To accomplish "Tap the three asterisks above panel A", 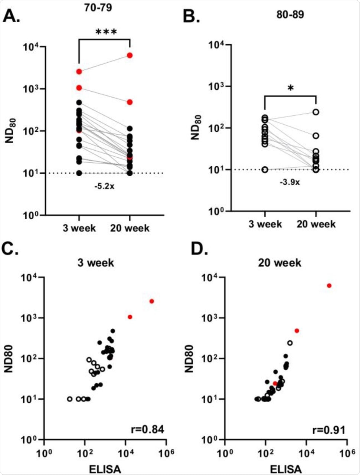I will (x=106, y=32).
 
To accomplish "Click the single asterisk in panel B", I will (x=290, y=89).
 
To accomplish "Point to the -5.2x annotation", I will (x=104, y=186).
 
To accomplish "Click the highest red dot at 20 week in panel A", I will (x=130, y=55).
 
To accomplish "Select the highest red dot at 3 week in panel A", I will (x=79, y=71).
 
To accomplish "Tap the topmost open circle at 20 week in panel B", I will (x=316, y=112).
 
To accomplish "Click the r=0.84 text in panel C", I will (x=149, y=429).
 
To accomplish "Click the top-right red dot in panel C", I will (x=151, y=301).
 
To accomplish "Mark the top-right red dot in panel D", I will (x=329, y=285).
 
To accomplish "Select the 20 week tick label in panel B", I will (x=316, y=224).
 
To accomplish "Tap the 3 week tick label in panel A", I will (x=79, y=227).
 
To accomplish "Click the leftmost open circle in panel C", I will (x=70, y=399).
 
